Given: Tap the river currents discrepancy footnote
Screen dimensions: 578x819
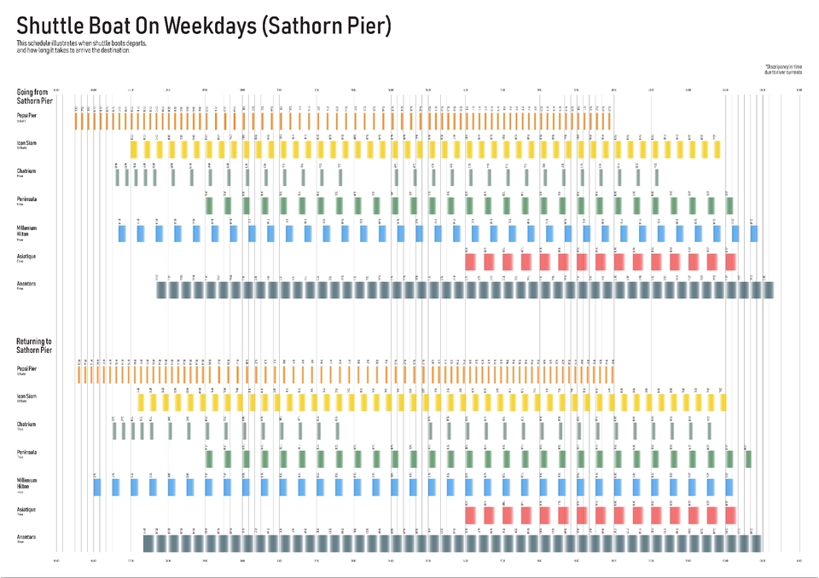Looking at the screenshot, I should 783,69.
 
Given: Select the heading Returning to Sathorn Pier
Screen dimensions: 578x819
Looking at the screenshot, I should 35,345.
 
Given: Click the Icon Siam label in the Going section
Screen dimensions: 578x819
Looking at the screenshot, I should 26,142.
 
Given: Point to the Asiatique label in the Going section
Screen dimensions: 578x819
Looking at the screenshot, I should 26,256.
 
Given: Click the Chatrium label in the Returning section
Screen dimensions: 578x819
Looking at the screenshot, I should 26,424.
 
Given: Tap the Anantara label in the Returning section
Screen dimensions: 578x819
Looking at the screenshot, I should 26,536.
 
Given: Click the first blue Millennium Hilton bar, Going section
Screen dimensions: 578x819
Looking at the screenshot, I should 121,234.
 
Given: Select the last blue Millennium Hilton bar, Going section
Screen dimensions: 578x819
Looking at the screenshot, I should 754,234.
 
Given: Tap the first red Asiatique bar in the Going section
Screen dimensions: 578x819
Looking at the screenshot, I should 470,262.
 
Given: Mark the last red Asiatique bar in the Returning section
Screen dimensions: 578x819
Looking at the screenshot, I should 731,515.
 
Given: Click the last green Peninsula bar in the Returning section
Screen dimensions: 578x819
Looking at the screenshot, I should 748,459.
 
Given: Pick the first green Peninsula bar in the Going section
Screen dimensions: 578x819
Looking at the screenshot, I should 209,205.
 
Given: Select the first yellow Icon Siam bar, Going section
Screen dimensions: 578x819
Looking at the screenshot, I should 134,149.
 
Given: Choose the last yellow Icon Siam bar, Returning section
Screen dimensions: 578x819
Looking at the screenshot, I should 722,402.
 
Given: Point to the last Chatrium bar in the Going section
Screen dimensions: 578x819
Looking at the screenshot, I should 657,177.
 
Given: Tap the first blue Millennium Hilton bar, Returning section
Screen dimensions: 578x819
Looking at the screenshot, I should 97,487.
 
